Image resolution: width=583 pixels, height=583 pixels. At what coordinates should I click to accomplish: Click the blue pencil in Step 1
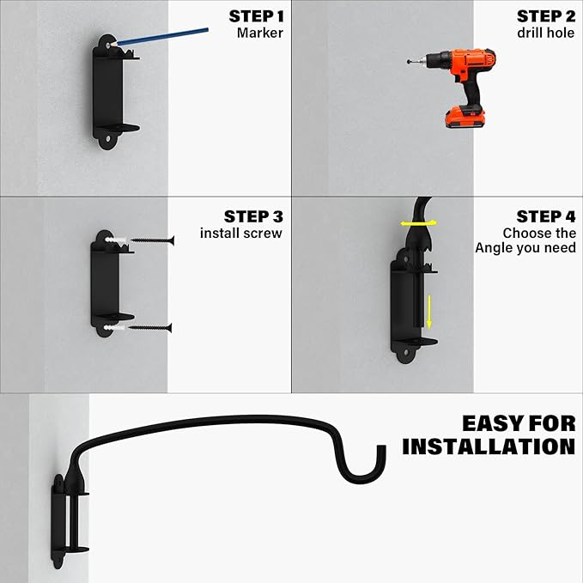coord(159,37)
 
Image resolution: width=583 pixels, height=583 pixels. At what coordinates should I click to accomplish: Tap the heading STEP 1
coord(256,16)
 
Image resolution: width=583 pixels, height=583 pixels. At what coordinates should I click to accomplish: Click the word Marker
coord(260,33)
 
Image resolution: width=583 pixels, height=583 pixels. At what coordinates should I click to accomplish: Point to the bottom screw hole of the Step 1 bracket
coord(108,138)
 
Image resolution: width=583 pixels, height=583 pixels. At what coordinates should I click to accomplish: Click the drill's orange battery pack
coord(465,117)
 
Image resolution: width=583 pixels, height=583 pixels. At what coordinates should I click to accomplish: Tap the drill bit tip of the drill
coord(409,62)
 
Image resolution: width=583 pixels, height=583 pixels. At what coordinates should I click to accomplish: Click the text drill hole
coord(545,33)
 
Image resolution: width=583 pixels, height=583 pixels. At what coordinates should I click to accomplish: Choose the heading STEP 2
coord(545,16)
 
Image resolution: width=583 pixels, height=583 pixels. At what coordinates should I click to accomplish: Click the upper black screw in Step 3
coord(153,240)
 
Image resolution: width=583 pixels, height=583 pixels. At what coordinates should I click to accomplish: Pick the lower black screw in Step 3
coord(150,328)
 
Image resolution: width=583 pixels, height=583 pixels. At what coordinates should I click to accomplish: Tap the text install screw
coord(241,234)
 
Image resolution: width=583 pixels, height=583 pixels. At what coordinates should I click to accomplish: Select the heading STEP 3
coord(253,216)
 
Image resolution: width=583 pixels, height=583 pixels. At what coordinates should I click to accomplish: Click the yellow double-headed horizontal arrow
coord(418,223)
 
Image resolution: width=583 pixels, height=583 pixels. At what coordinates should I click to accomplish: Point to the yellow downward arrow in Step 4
coord(429,312)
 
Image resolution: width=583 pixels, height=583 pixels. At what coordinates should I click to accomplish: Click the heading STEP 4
coord(546,216)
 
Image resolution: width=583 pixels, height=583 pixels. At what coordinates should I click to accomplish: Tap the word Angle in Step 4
coord(495,247)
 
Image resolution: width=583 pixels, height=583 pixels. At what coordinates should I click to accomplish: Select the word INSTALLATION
coord(489,446)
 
